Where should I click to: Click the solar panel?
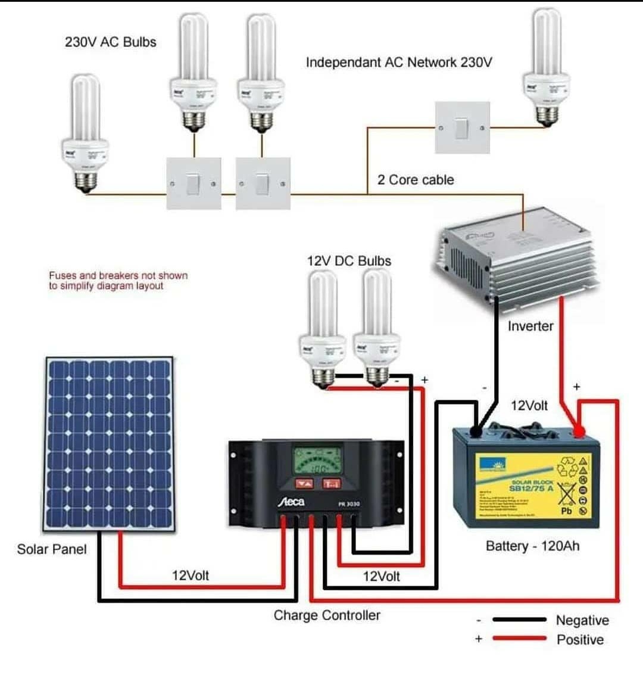pos(110,444)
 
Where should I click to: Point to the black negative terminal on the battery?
pos(476,431)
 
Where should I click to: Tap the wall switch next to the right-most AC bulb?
pos(462,127)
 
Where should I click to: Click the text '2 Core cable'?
pos(416,180)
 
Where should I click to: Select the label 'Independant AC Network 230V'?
pos(399,62)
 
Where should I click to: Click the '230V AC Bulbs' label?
pos(111,42)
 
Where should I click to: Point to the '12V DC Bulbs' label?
pos(349,261)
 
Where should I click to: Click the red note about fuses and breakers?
pos(118,281)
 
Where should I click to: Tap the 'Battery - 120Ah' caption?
pos(532,546)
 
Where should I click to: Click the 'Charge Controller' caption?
pos(327,615)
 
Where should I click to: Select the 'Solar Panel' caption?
pos(52,549)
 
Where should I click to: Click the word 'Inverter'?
pos(530,326)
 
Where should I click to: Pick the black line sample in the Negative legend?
pos(519,620)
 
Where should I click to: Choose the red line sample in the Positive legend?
pos(519,639)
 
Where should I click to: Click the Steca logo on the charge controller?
pos(291,502)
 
